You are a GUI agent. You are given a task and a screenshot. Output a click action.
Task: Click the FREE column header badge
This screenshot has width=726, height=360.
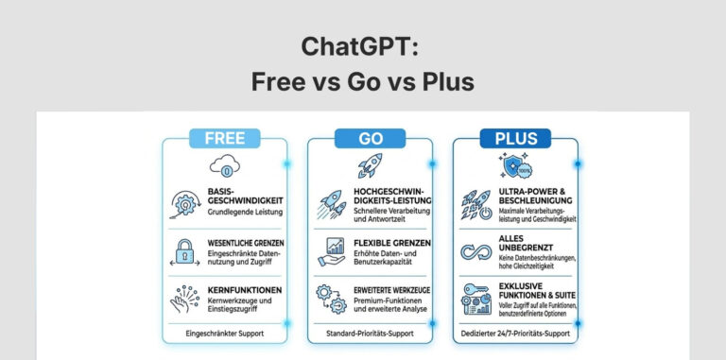point(225,138)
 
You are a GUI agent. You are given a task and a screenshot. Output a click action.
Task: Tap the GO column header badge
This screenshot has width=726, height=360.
point(370,138)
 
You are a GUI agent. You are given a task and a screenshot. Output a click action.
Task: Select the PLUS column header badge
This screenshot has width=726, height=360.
point(515,138)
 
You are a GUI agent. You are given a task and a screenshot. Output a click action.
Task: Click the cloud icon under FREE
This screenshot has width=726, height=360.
point(225,166)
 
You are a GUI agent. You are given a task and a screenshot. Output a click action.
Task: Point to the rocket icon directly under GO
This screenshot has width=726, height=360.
point(370,167)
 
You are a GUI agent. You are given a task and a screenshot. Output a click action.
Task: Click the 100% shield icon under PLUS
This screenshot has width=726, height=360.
point(515,167)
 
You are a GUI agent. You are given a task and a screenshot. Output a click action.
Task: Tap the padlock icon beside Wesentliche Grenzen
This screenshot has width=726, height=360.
point(184,249)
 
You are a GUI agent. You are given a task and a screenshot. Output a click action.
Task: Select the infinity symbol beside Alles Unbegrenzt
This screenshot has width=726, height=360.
point(475,251)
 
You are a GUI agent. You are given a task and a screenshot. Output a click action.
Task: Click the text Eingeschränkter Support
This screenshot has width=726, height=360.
point(224,333)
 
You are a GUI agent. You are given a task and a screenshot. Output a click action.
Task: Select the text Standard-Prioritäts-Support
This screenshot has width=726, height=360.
point(370,333)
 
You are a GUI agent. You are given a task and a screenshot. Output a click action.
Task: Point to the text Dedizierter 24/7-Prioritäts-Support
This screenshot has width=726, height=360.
point(515,333)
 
